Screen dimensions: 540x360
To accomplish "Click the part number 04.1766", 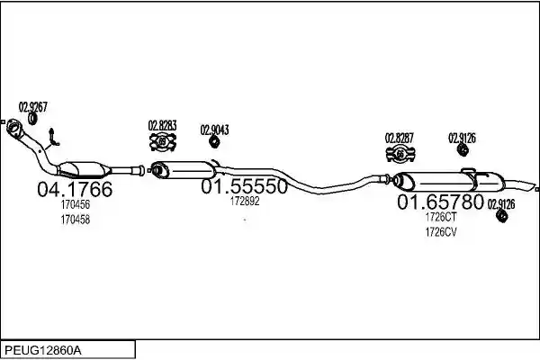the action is pos(75,189).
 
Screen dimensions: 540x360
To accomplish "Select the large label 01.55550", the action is pos(244,186).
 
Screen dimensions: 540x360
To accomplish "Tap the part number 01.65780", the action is pos(440,202).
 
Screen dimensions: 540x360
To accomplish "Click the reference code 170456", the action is pos(76,204).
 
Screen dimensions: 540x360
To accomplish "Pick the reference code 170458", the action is pos(76,220).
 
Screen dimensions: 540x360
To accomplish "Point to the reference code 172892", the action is pos(245,202).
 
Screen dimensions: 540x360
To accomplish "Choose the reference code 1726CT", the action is pos(441,217).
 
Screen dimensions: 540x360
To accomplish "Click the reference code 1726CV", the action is pos(441,232).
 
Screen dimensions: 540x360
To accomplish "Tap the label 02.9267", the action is pos(32,107).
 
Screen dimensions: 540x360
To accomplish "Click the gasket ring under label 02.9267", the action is pos(32,119).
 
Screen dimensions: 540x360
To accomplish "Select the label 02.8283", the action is pos(162,125).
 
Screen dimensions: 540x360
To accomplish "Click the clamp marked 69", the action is pos(163,141).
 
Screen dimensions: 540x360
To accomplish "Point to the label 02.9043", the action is pos(214,130).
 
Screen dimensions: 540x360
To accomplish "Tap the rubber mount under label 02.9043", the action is pos(214,141).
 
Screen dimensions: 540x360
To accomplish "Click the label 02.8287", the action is pos(399,138).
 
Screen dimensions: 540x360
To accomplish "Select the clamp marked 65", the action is pos(400,154).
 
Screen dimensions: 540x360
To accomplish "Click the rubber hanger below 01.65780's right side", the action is pos(502,216).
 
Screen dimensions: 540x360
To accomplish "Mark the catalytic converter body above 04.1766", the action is pos(84,169).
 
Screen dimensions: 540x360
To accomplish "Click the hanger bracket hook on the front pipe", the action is pos(52,138).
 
